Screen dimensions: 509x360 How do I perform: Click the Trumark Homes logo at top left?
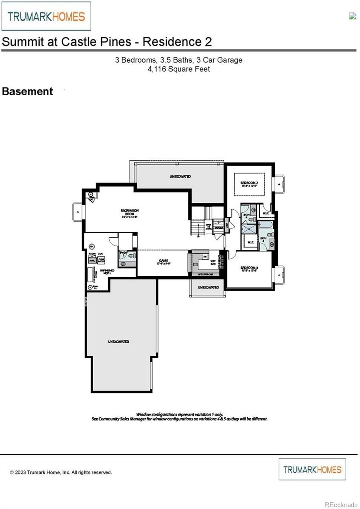[x=46, y=16]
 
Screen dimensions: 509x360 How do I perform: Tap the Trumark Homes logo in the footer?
[x=312, y=469]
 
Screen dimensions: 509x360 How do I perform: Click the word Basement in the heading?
[x=27, y=92]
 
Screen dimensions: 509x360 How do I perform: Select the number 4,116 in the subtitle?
[x=157, y=69]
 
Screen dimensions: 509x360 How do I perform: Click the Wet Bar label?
[x=213, y=262]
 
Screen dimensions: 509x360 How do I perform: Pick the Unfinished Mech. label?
[x=107, y=271]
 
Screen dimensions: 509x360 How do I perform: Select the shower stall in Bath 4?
[x=249, y=229]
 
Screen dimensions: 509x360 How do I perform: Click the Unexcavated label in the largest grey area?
[x=118, y=341]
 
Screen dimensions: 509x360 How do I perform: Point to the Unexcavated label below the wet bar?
[x=208, y=287]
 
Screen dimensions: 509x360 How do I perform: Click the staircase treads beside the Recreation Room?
[x=197, y=228]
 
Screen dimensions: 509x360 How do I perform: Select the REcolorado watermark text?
[x=341, y=505]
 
